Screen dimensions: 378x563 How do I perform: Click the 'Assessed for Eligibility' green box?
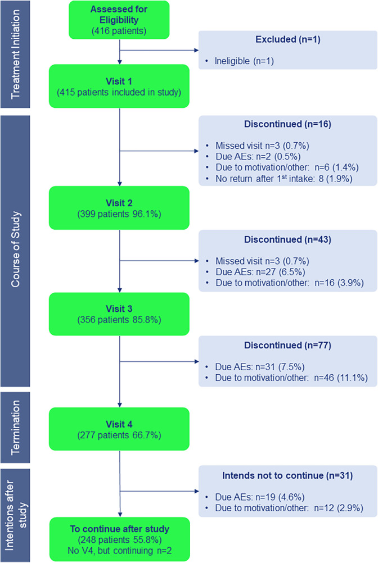(119, 20)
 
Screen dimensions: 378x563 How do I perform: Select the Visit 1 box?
(119, 86)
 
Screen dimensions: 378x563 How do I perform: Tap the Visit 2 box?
(119, 208)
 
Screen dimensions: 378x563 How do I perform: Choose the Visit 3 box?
(119, 314)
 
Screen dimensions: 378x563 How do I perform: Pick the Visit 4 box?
(119, 429)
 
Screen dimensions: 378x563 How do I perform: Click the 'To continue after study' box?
(119, 539)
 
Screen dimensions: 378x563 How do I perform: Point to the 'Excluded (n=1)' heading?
(288, 39)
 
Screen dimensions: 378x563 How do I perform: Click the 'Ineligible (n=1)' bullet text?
(244, 61)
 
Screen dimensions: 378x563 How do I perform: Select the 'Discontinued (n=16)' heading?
(287, 124)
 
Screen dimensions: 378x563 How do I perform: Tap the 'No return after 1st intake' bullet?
(284, 179)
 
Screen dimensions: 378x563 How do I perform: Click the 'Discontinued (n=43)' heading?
(287, 239)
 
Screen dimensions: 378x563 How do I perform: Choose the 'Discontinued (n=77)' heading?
(287, 346)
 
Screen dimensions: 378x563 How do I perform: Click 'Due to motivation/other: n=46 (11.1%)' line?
(291, 378)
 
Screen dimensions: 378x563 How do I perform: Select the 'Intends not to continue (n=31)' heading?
(287, 476)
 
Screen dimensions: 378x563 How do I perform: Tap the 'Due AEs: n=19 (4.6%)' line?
(260, 497)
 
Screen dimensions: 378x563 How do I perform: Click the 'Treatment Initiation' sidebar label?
(15, 54)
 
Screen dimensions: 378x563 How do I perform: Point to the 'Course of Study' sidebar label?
(15, 249)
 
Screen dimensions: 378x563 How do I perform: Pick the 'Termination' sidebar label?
(15, 428)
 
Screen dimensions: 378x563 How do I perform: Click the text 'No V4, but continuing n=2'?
(120, 551)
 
